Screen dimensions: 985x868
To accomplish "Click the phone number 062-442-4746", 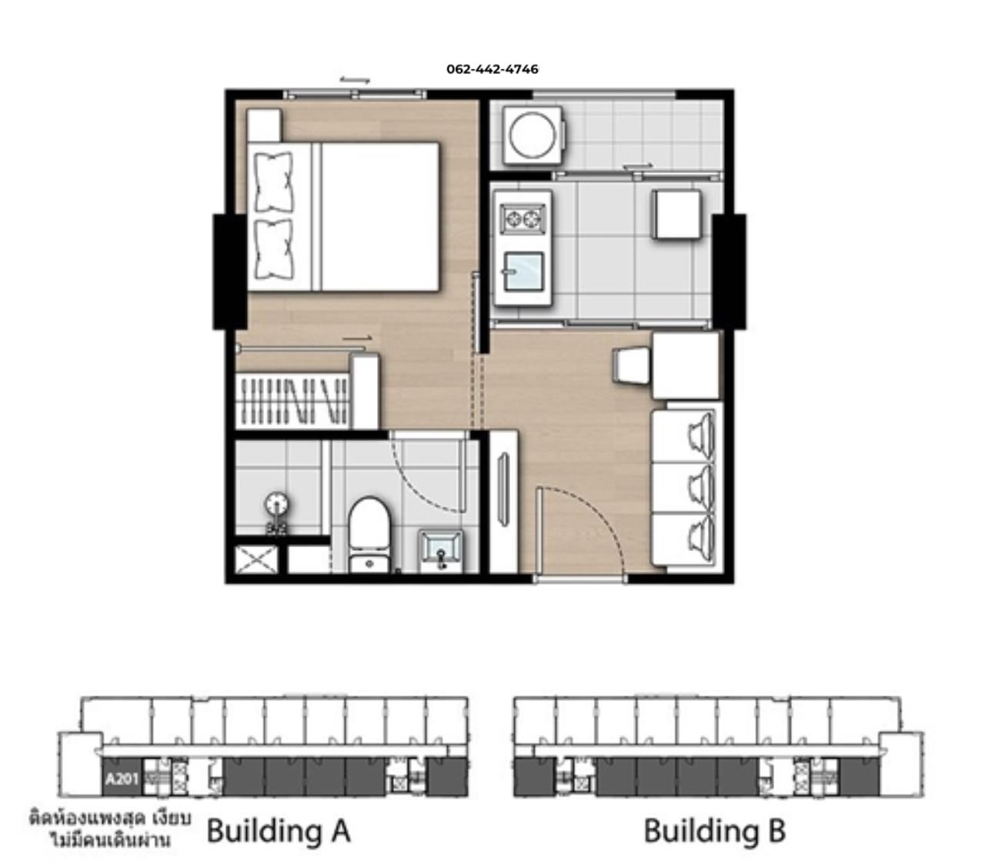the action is coord(492,69).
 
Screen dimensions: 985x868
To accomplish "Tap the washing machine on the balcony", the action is coord(533,135).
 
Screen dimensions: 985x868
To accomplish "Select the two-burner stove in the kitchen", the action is coord(523,219).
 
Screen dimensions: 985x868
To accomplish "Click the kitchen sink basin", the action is coord(523,272).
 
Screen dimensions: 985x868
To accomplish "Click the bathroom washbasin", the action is coord(441,550).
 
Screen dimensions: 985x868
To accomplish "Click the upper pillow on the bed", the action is coord(274,181).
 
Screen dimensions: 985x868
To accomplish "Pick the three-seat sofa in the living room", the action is coord(684,487).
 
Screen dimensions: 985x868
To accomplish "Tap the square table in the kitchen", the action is coord(676,214).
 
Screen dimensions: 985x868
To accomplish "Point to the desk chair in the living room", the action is coord(630,367).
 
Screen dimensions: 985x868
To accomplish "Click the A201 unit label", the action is coord(122,779).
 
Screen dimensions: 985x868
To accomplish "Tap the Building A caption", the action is coord(278,830).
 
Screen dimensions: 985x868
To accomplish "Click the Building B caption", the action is coord(714,830).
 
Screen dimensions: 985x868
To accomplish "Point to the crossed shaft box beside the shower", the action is coord(256,559).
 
